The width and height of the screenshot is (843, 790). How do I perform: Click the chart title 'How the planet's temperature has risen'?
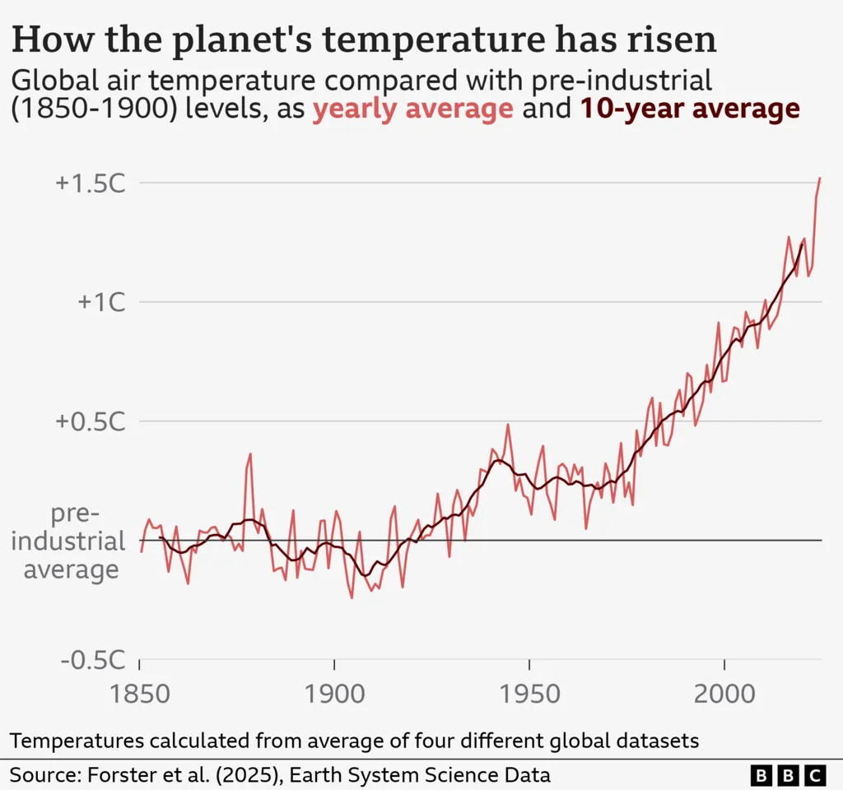pos(363,40)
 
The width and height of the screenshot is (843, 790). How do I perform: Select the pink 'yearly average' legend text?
pos(412,109)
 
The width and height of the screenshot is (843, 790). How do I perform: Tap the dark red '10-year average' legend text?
pos(691,109)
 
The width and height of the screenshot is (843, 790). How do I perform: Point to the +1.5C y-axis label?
pos(91,184)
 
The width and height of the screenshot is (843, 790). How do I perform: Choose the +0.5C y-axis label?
pos(91,421)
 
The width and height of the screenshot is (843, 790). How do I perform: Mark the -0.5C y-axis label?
pos(93,660)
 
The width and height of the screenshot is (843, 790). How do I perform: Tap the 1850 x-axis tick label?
pos(140,693)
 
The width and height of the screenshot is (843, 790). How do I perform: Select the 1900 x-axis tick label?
pos(334,693)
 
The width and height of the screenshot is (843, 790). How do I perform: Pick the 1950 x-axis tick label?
pos(529,693)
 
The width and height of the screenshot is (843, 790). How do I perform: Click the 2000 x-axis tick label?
pos(724,693)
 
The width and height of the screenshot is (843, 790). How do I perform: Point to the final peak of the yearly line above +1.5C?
pos(820,178)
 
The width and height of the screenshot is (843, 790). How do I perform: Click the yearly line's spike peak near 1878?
pos(250,453)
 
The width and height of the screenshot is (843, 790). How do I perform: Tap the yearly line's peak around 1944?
pos(508,425)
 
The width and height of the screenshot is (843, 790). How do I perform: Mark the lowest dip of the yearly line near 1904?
pos(352,597)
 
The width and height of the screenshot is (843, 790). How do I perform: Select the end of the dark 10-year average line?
pos(803,244)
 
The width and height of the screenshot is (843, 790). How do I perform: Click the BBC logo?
pos(788,775)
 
